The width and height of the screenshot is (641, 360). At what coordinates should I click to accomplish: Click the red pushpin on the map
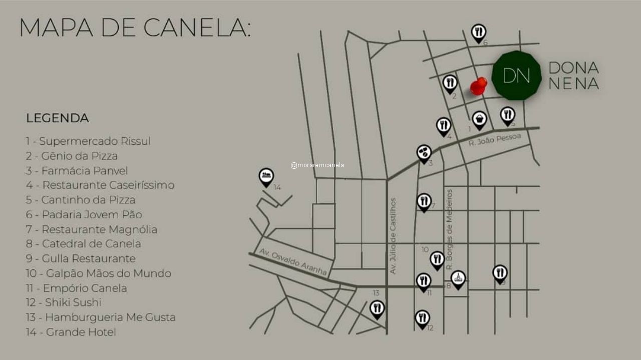pos(478,86)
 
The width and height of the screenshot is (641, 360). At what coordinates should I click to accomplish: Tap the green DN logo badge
pos(516,76)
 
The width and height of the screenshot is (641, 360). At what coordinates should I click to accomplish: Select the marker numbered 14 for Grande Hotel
pos(266,177)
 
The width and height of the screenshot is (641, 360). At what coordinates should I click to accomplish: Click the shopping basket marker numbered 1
pos(479,120)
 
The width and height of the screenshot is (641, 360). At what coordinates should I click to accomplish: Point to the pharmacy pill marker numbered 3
pos(424,153)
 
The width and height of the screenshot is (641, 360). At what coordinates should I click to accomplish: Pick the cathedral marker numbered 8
pos(458,279)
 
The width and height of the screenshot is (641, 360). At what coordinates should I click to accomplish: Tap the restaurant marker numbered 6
pos(479,33)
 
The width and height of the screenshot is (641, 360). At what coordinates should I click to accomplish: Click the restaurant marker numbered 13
pos(377,308)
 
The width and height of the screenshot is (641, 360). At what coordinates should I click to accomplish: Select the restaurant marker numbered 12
pos(422,318)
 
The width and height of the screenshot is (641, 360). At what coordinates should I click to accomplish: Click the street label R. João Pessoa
pos(495,140)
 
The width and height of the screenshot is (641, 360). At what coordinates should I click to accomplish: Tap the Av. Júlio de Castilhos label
pos(393,236)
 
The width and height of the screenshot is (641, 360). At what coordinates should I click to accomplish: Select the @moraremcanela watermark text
pos(317,165)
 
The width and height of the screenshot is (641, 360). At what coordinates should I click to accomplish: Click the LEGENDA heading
pos(58,118)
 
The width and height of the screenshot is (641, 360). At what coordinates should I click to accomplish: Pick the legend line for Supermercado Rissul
pos(88,141)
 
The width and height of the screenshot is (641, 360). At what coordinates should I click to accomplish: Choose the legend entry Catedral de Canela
pos(84,244)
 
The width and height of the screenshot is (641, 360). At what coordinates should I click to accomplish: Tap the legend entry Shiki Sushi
pos(64,302)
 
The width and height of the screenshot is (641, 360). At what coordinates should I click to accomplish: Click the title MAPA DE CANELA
pos(135,28)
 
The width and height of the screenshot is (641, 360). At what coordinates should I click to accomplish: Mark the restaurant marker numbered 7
pos(424,202)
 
